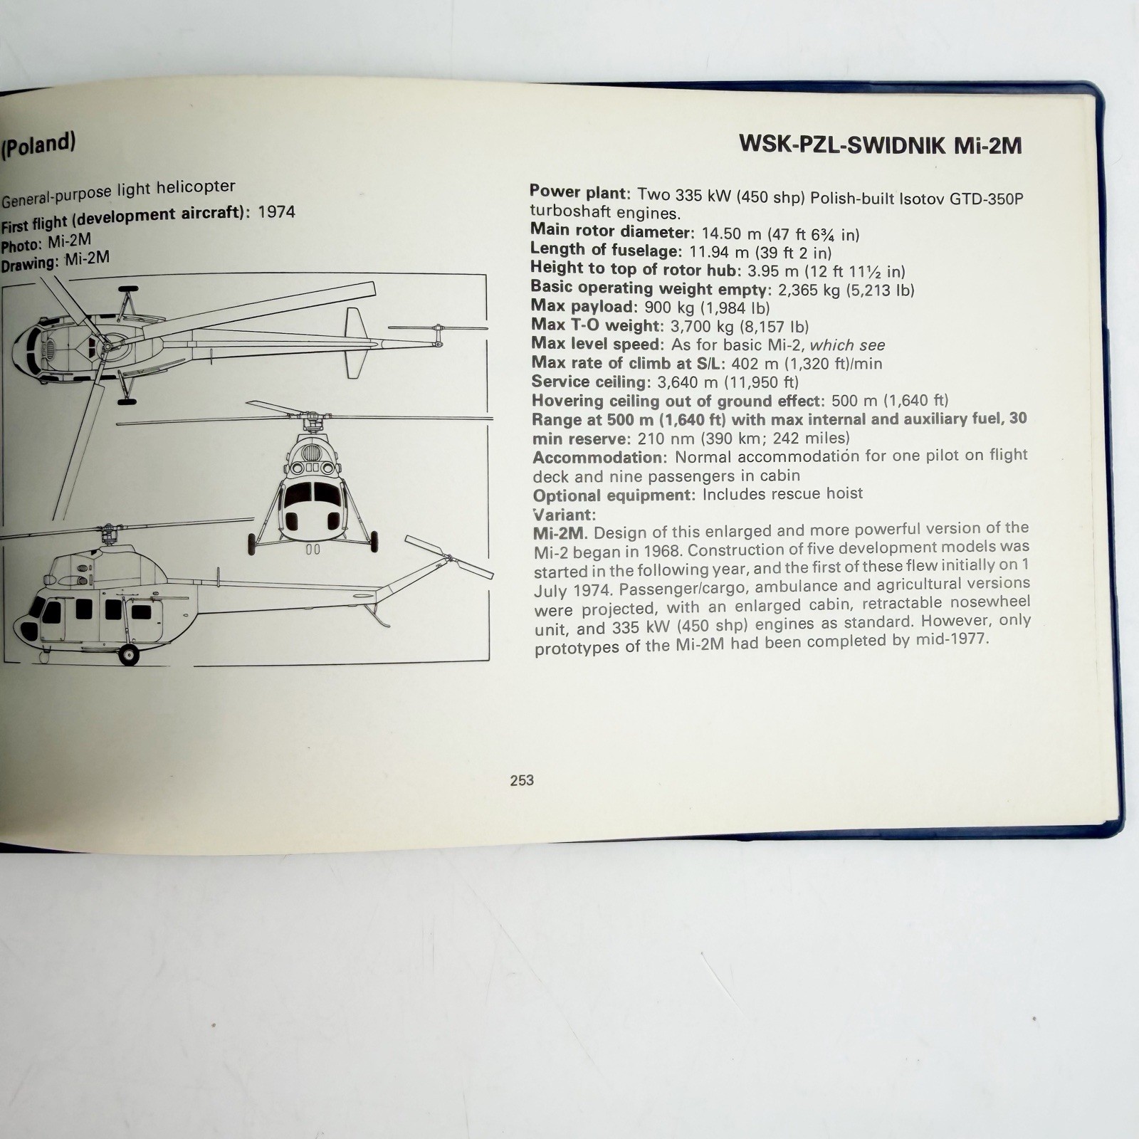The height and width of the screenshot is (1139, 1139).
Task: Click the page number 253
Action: (522, 780)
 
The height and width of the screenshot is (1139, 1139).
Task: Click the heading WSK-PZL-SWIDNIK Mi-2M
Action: (881, 145)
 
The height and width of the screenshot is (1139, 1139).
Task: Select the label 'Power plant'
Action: (579, 192)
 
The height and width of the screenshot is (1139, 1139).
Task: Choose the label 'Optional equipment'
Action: (614, 495)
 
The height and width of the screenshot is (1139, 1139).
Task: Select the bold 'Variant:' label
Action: (564, 514)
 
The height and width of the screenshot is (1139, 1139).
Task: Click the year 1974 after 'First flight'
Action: (276, 211)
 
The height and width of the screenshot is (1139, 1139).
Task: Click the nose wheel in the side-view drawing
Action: (129, 653)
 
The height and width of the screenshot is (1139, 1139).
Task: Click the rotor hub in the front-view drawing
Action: (311, 424)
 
